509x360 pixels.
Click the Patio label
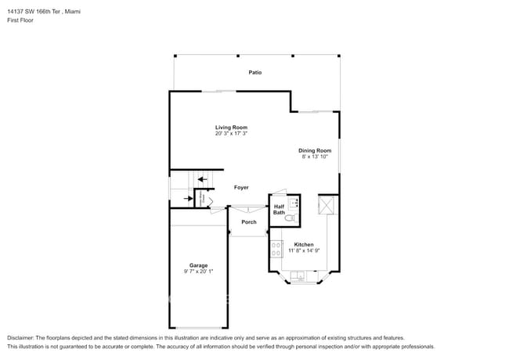pos(255,73)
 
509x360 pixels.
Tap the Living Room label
pos(231,127)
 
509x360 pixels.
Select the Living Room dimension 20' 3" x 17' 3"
pos(231,134)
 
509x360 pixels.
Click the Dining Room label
pos(314,150)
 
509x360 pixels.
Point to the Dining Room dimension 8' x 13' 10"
pos(314,157)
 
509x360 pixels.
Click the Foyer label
pos(241,188)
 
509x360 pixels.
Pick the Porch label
pos(248,222)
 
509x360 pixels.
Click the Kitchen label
pos(304,244)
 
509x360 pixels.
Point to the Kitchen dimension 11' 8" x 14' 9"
pos(304,250)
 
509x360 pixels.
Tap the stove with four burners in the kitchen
pos(276,250)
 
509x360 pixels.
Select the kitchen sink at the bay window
pos(300,277)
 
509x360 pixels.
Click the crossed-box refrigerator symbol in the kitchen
pos(327,206)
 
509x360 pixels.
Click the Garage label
pos(198,265)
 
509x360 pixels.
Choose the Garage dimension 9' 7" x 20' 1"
pos(198,272)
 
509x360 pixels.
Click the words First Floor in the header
pos(20,20)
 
